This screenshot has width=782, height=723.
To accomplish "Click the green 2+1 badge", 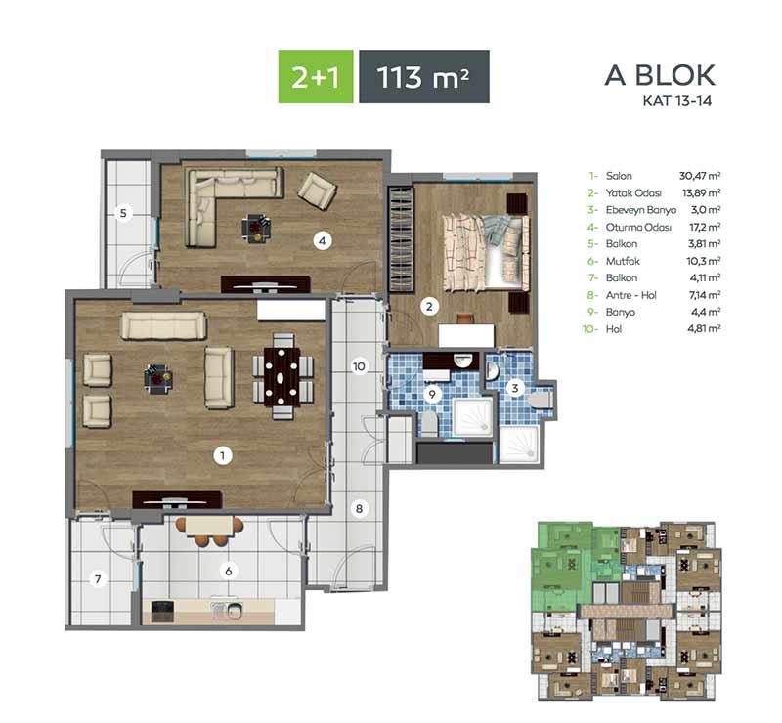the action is (x=316, y=76).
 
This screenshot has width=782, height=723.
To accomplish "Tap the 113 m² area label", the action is (x=424, y=76).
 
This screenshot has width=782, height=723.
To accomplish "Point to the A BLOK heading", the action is (x=660, y=75).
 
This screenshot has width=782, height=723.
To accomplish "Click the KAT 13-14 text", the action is (x=676, y=101).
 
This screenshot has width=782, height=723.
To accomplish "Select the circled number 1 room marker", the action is (x=223, y=454).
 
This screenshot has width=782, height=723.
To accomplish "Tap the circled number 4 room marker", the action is (x=323, y=240).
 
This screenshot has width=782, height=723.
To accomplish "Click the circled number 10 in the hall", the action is (x=359, y=366).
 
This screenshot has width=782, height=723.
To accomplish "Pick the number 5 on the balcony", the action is (x=123, y=213).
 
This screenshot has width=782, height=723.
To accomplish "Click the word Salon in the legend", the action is (x=619, y=176).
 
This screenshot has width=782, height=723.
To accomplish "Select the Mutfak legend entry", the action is (x=623, y=261).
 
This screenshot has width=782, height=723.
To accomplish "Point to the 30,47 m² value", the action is (x=700, y=176).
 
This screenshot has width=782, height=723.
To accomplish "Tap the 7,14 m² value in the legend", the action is (x=705, y=295).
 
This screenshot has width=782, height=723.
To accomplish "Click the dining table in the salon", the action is (x=282, y=376).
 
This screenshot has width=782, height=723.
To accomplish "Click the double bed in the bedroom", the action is (x=485, y=252).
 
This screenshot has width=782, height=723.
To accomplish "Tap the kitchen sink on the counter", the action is (x=227, y=610).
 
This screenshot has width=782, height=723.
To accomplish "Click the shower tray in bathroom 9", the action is (x=473, y=416).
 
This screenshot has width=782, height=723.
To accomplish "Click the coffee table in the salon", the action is (x=158, y=378).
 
